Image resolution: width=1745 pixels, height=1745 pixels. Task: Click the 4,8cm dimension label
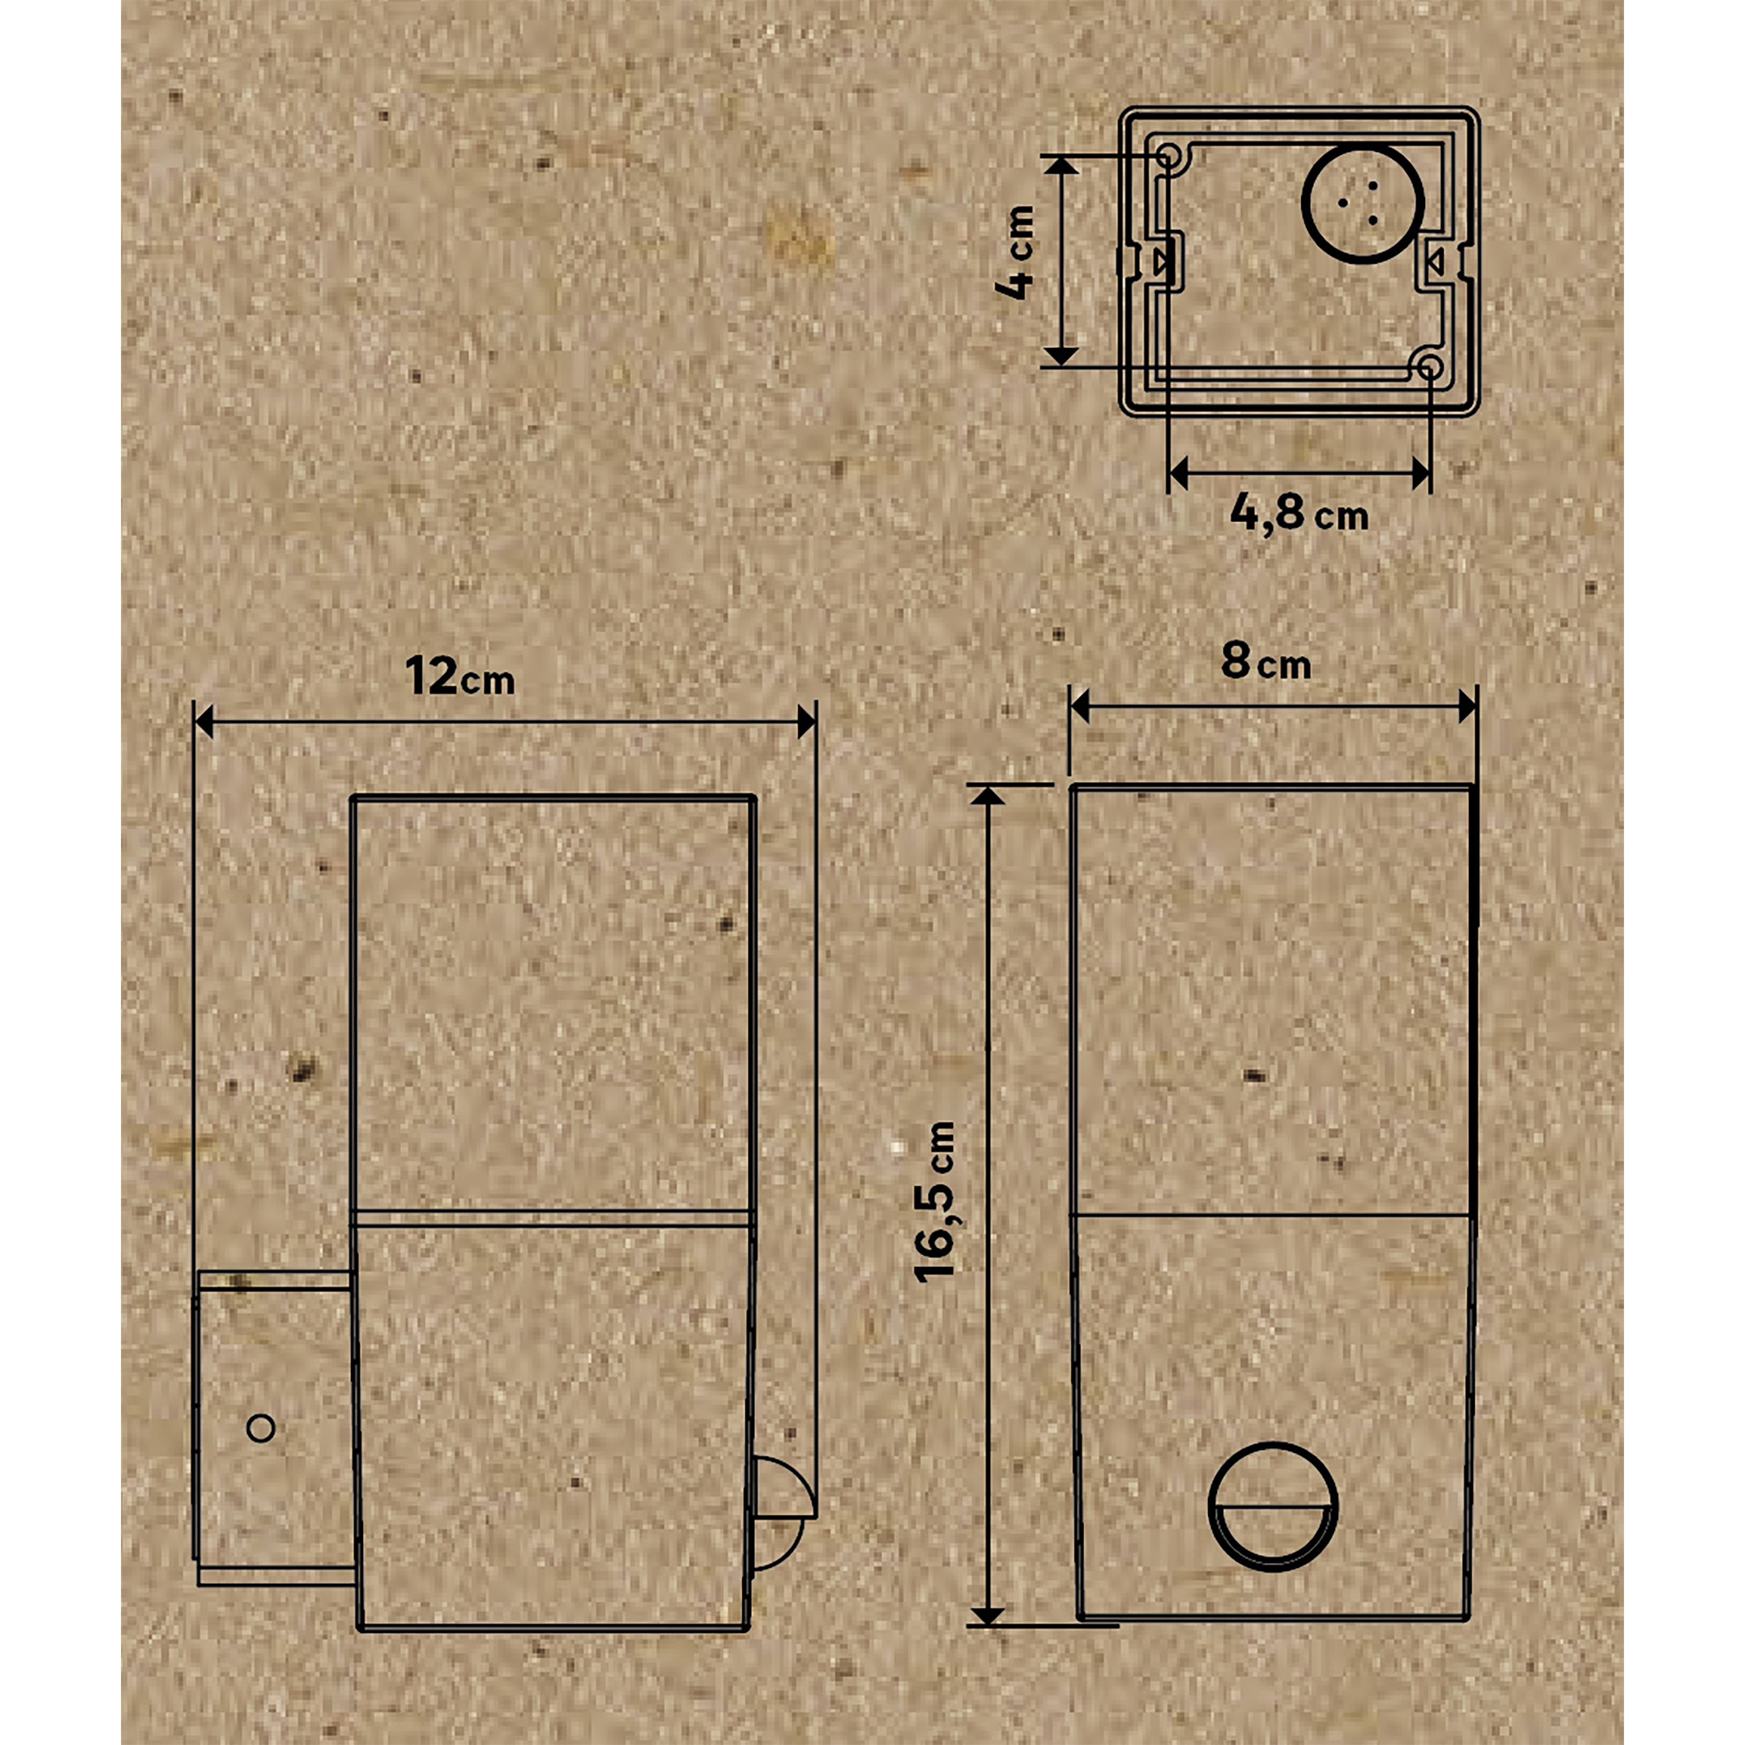click(1298, 514)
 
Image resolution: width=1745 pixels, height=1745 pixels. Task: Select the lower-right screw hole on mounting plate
click(1431, 366)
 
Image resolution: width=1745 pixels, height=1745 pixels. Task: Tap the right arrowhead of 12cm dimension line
click(805, 722)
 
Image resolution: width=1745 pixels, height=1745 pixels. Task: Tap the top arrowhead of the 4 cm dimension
click(1064, 165)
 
